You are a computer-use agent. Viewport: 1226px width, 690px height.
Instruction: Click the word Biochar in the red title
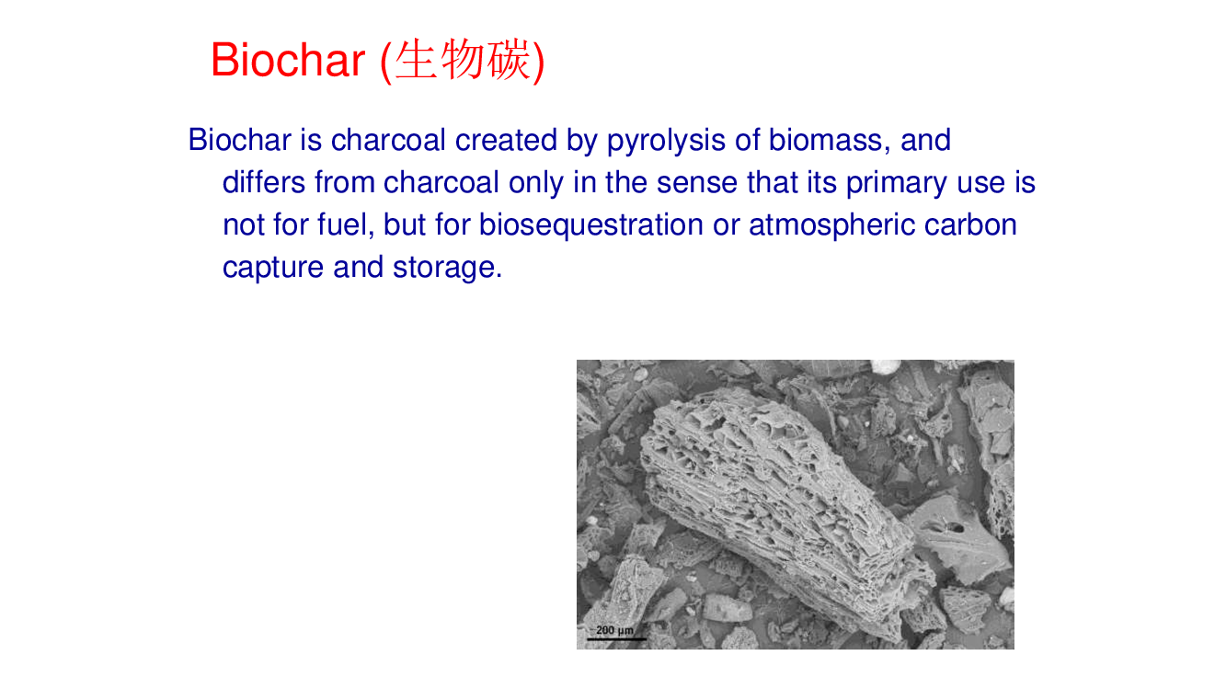(x=288, y=60)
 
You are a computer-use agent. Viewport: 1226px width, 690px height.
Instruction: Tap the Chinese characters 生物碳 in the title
(x=463, y=60)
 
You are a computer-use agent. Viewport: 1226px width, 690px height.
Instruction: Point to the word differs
(x=264, y=182)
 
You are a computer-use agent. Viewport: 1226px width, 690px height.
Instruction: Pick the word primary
(x=897, y=183)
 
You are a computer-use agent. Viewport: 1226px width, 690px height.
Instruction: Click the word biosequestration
(x=591, y=225)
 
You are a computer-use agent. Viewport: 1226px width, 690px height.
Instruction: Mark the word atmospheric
(x=832, y=225)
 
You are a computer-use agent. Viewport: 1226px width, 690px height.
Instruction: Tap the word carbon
(x=970, y=224)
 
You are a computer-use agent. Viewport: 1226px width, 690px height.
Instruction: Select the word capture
(x=273, y=269)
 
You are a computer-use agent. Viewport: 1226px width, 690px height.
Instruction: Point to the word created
(x=506, y=140)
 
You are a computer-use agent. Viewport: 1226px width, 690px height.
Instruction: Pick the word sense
(x=697, y=183)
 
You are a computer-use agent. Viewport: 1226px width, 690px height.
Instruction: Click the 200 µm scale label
(x=614, y=630)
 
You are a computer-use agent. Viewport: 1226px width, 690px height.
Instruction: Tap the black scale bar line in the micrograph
(x=616, y=638)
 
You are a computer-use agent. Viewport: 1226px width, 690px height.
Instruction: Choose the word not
(x=243, y=225)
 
